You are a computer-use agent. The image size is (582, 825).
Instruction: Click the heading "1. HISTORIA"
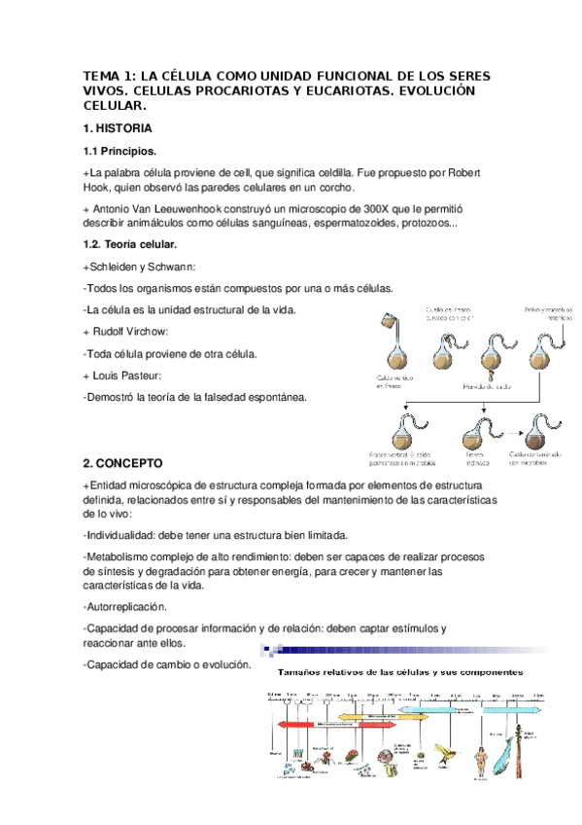[x=117, y=128]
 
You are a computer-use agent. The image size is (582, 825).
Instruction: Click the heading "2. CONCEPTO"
[x=122, y=463]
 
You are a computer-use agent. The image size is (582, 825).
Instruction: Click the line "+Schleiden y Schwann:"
[x=140, y=267]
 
